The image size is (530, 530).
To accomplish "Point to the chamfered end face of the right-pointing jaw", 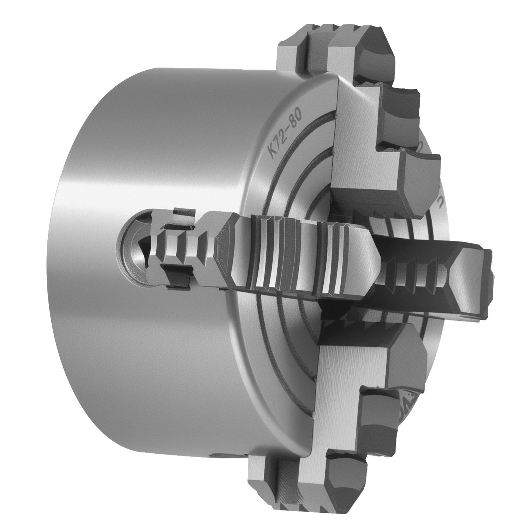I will [x=470, y=278].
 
